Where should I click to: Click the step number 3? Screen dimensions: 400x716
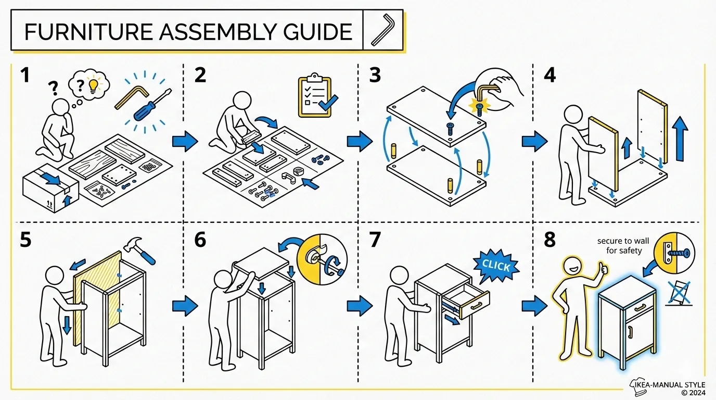tap(375, 76)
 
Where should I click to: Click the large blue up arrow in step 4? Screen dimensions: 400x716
tap(680, 139)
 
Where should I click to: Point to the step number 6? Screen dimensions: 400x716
tap(200, 240)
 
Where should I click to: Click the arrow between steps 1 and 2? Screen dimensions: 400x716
tap(184, 141)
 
